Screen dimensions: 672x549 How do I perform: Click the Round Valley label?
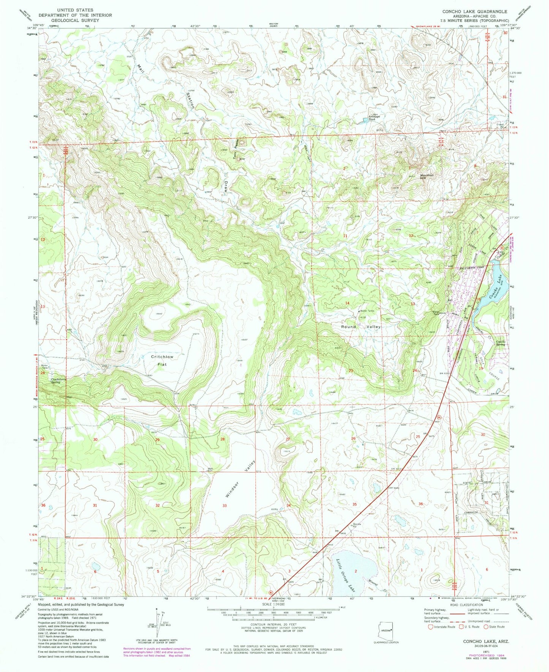click(361, 327)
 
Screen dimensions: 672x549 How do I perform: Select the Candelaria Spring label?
click(51, 381)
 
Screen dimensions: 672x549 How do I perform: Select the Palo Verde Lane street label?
click(473, 268)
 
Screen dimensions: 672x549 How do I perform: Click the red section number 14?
click(347, 303)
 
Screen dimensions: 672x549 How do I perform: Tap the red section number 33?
click(225, 505)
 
